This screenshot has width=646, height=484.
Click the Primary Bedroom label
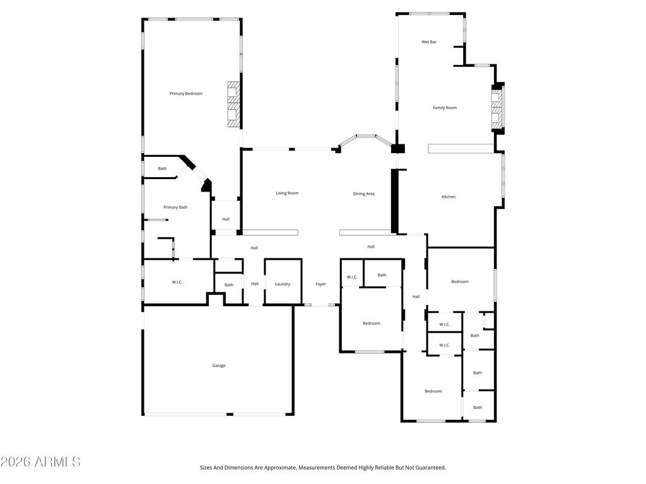186,94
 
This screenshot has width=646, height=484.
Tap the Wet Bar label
429,42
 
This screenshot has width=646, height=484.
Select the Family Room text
445,108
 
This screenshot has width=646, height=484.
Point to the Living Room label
287,193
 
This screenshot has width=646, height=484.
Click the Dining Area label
364,194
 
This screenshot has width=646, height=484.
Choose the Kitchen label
449,197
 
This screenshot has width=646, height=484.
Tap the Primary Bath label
175,207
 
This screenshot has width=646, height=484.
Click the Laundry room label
283,284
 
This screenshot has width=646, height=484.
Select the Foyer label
320,284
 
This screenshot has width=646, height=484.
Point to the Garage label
219,366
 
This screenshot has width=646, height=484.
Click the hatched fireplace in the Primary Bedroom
234,105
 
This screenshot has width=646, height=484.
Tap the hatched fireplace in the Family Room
497,108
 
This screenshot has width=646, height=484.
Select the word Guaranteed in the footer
432,468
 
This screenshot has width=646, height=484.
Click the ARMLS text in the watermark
57,462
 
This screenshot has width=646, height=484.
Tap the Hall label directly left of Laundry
255,284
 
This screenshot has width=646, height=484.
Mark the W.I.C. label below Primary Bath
177,282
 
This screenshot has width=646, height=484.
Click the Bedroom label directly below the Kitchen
460,282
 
